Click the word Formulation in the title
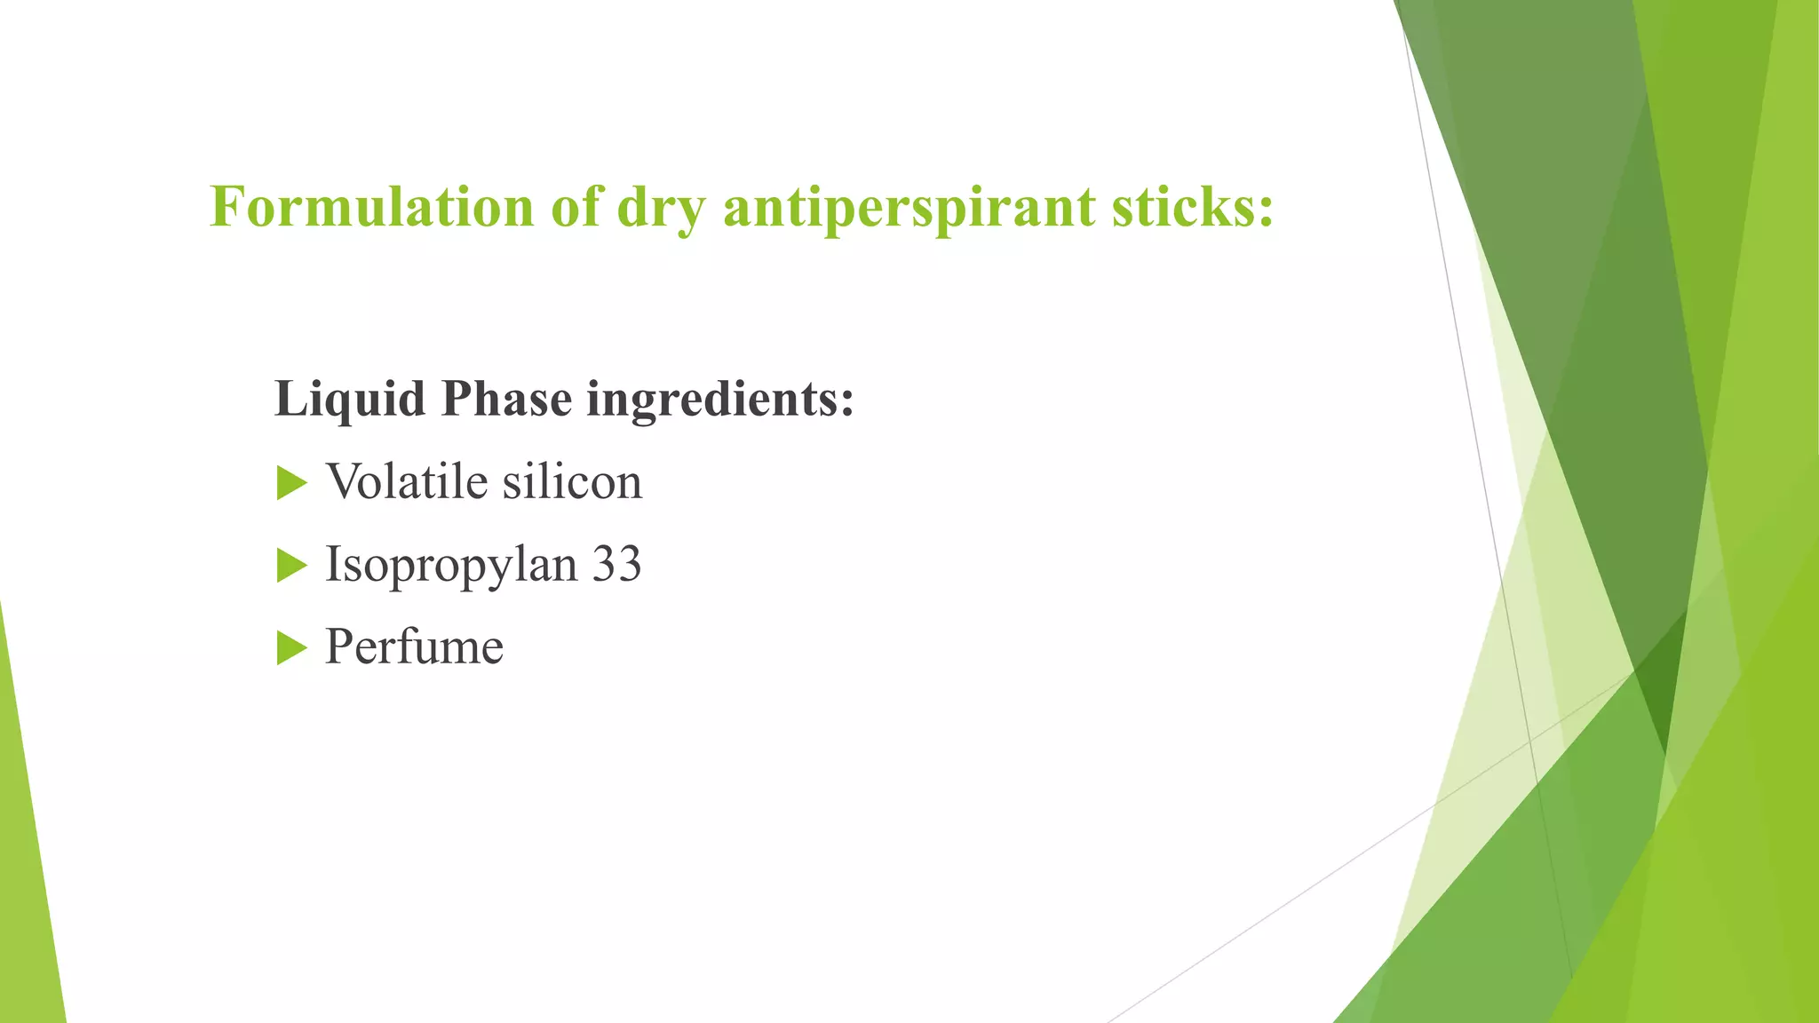371,206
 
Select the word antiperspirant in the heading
909,208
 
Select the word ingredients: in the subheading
719,399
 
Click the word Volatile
408,481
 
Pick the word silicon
572,481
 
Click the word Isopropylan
451,565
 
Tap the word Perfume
414,646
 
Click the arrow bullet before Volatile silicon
290,483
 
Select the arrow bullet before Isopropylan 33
290,565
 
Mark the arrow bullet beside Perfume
290,647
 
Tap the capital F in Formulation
226,206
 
